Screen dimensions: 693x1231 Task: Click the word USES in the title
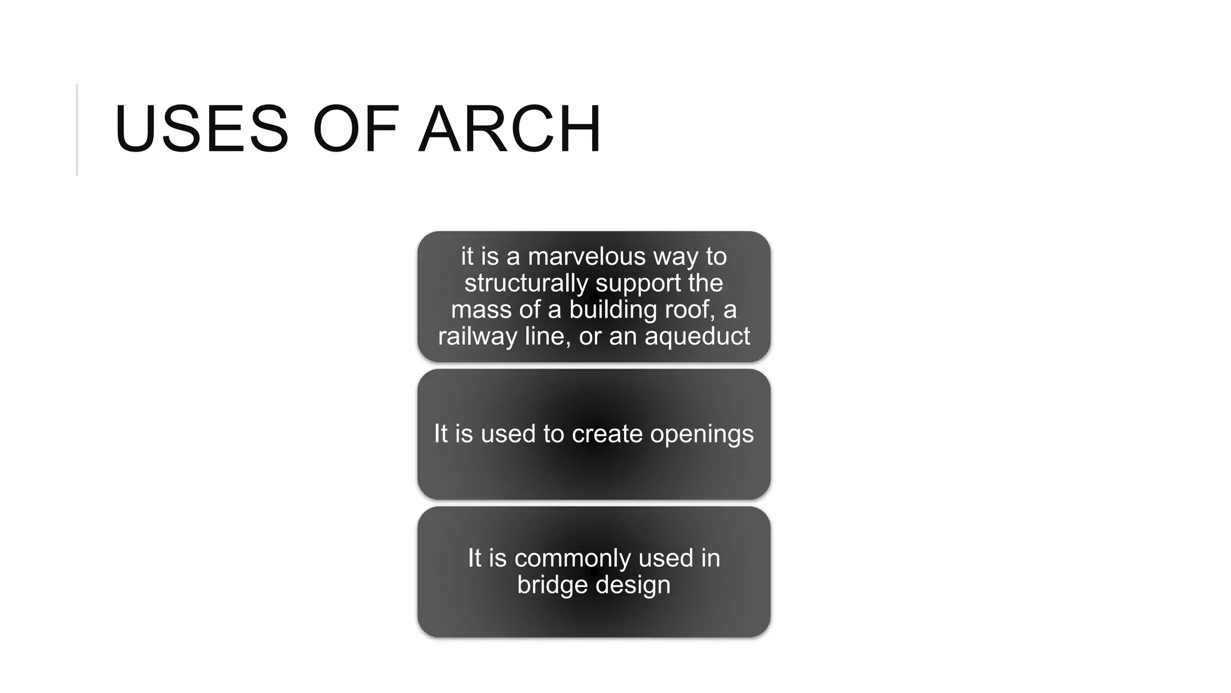point(201,129)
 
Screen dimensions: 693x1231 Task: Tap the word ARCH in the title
point(510,129)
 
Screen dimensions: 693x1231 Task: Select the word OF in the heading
point(355,129)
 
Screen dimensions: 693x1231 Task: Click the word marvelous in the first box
point(587,257)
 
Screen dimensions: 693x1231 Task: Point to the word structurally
point(525,283)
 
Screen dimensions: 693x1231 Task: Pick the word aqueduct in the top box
point(697,336)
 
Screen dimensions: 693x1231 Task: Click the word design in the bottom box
point(633,585)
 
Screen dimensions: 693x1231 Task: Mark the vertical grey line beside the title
point(78,129)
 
